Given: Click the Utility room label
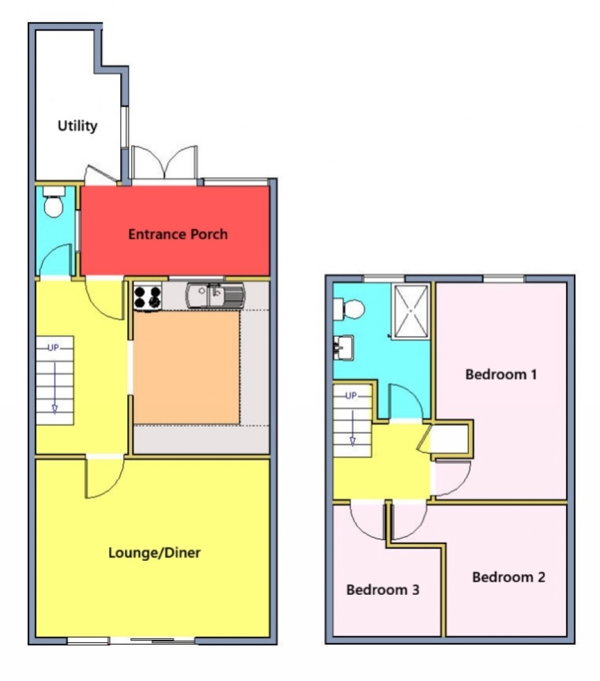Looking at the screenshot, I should coord(77,126).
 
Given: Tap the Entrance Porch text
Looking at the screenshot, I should coord(178,235).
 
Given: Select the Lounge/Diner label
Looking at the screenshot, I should coord(155,553).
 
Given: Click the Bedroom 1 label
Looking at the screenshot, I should coord(501,374).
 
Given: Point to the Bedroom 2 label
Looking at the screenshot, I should coord(509,577).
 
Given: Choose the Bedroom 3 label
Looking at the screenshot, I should coord(383,590).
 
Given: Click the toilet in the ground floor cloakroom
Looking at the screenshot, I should coord(54,202).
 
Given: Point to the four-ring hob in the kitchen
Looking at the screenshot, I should coord(147,296).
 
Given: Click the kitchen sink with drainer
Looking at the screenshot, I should coord(214,294).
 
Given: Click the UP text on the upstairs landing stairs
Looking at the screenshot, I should coord(351,395).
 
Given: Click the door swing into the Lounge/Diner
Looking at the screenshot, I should coord(105,478).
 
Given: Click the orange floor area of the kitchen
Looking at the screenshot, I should coord(186,367).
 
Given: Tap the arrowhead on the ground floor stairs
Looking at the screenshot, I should coord(54,408).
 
